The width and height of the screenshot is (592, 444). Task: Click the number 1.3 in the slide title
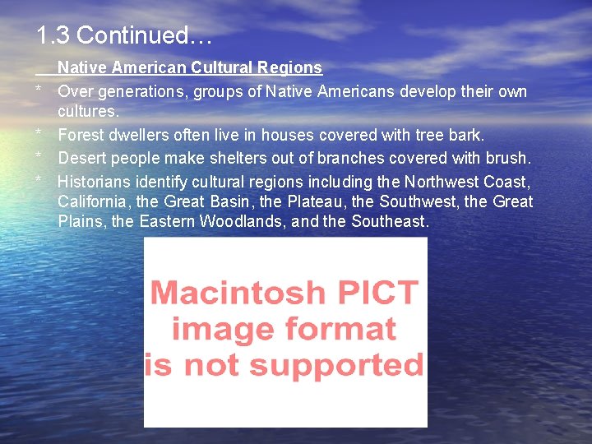pos(53,35)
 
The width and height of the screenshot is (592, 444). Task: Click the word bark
pos(465,135)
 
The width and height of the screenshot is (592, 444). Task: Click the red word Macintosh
pos(238,293)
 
